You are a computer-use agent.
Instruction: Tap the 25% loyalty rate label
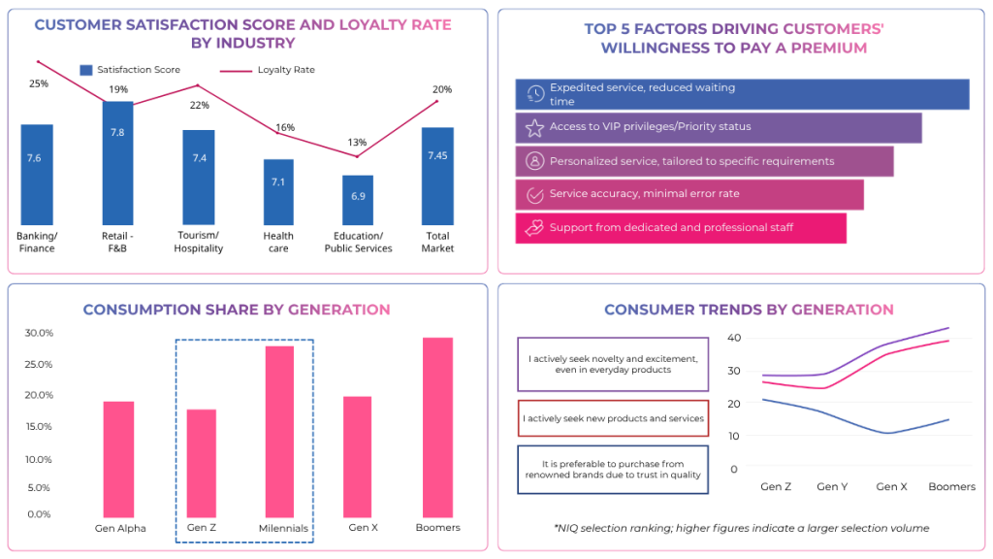[38, 83]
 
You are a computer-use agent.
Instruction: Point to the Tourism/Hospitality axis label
[198, 242]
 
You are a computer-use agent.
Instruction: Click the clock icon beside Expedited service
[534, 94]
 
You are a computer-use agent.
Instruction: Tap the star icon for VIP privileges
[534, 127]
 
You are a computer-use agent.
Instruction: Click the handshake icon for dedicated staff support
[534, 228]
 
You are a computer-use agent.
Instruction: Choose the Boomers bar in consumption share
[437, 427]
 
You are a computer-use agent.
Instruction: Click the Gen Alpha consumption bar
[119, 459]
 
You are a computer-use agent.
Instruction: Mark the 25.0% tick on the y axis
[39, 365]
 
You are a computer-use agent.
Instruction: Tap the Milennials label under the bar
[283, 529]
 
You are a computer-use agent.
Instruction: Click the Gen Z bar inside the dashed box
[201, 463]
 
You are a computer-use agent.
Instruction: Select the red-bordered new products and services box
[613, 418]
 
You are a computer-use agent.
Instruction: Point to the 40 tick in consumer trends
[734, 338]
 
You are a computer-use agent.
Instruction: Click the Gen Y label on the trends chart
[832, 486]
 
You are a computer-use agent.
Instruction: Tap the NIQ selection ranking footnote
[741, 529]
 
